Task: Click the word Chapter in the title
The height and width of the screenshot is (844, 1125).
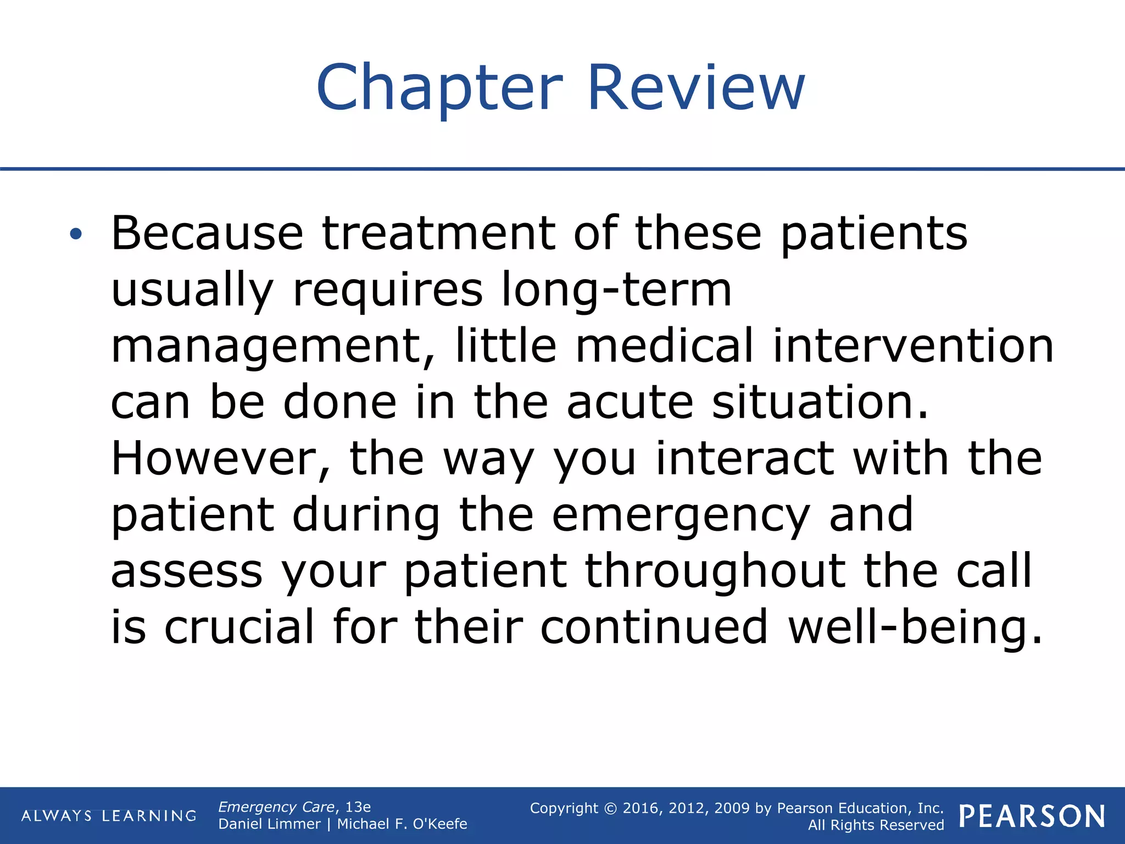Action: click(439, 88)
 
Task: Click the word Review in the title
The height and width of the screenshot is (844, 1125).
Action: click(696, 88)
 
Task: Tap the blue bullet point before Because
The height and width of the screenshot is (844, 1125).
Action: click(76, 235)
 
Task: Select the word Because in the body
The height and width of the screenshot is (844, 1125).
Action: click(207, 234)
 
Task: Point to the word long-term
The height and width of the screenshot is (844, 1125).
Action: click(616, 290)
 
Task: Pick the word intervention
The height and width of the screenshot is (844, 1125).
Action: click(913, 346)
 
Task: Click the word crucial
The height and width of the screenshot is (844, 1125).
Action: click(240, 628)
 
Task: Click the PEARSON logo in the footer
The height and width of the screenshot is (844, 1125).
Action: click(1032, 816)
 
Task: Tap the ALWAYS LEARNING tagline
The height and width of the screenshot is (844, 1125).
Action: click(109, 816)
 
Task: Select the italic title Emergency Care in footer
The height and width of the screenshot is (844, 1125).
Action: click(276, 807)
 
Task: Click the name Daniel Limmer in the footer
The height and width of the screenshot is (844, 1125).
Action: click(269, 824)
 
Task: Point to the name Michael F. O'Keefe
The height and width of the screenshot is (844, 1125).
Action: click(402, 824)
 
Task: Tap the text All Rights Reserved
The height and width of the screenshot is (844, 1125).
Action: click(876, 825)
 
